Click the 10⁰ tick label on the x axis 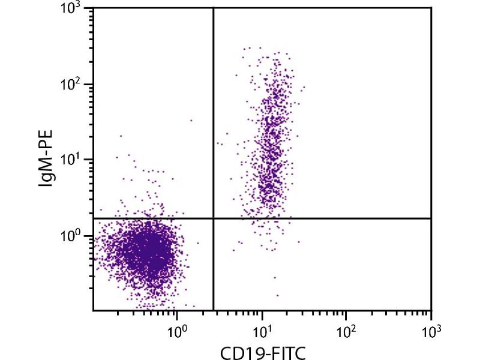coord(176,329)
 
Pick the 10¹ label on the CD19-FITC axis coord(262,329)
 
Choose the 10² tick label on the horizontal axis coord(347,329)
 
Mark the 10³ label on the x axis coord(431,329)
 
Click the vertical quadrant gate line coord(214,120)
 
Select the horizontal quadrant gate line coord(324,218)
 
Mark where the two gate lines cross coord(214,218)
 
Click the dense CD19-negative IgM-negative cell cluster coord(150,249)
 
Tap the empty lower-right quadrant coord(336,264)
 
